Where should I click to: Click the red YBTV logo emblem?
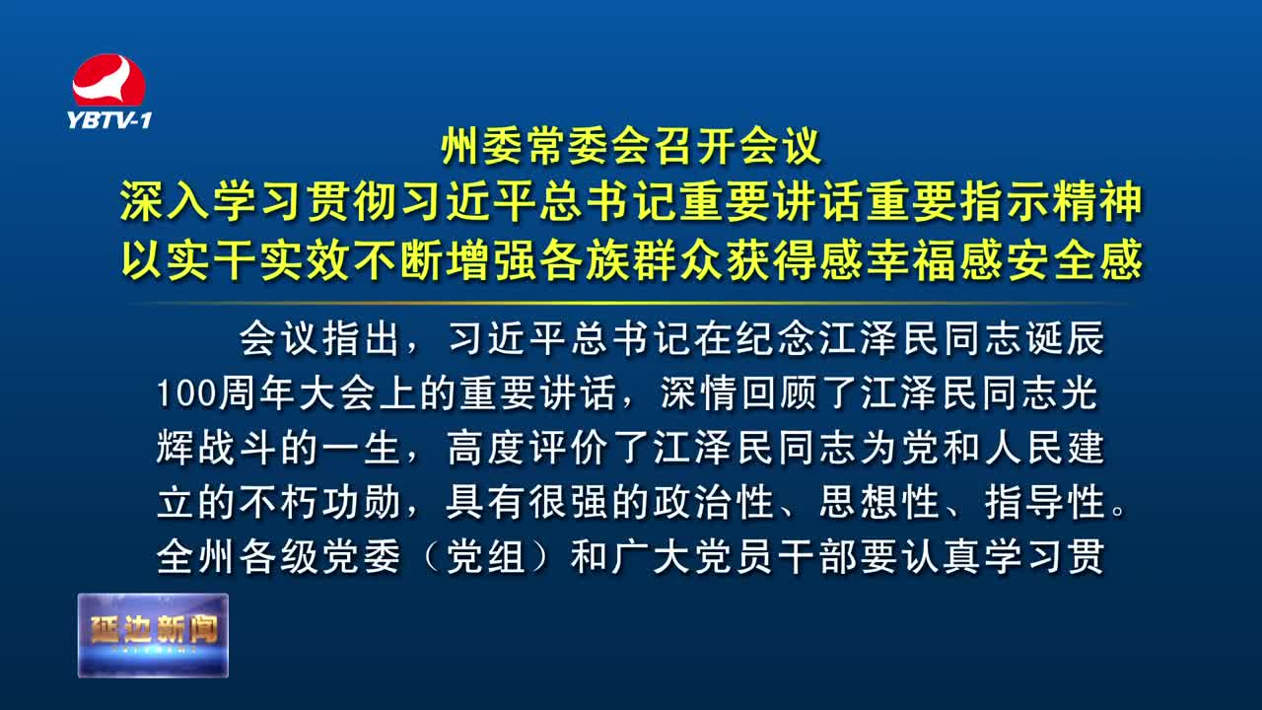(108, 80)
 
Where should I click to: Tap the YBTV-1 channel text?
(109, 120)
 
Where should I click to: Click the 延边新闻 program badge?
(153, 635)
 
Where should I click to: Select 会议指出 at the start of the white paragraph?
(319, 338)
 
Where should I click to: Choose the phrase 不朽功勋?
(319, 502)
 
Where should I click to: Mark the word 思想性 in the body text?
(878, 502)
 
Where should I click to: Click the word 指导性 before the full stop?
(1044, 502)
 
